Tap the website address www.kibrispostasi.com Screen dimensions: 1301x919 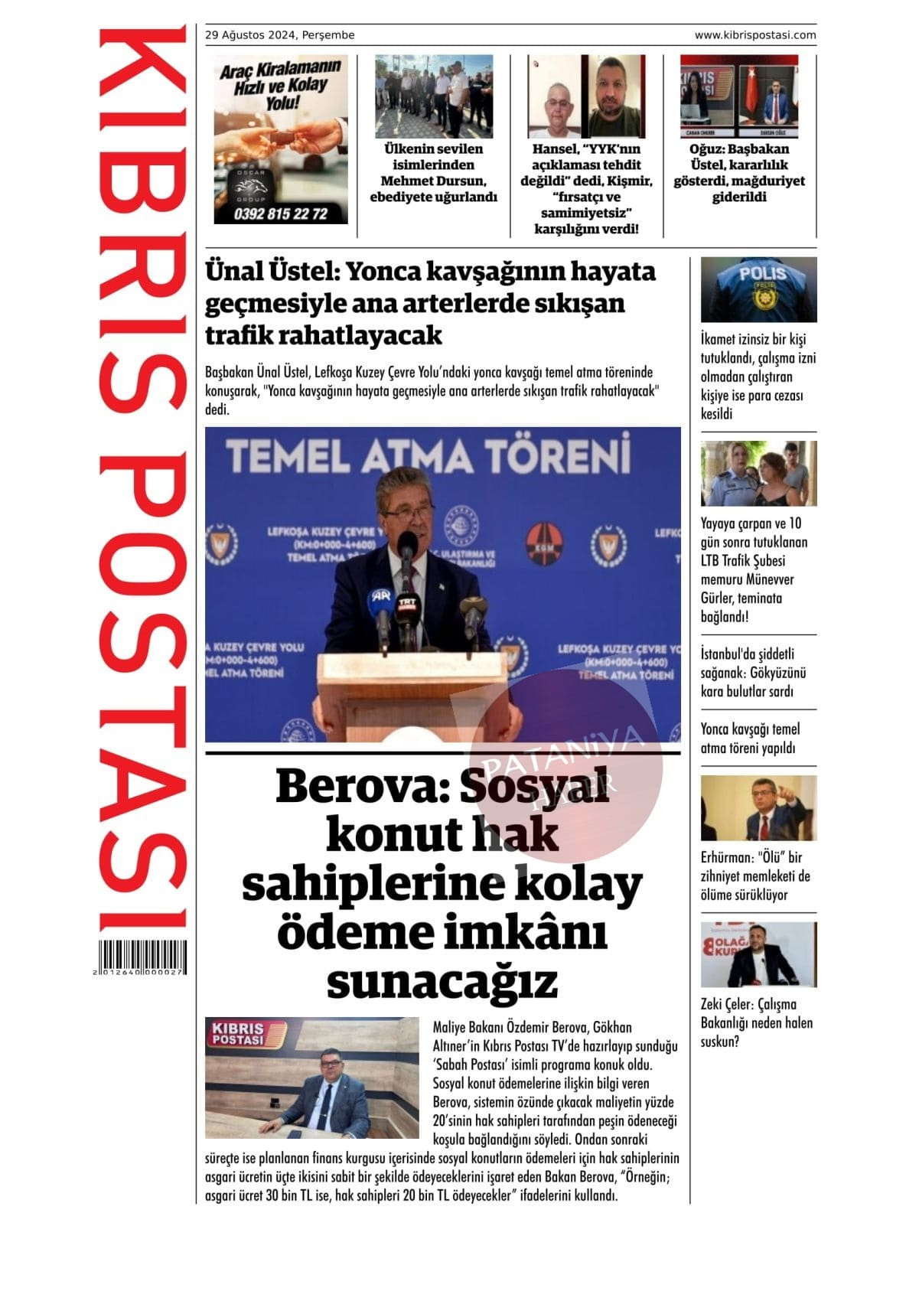tap(754, 35)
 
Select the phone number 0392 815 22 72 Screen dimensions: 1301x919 tap(281, 214)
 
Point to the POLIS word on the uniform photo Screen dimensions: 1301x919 tap(762, 273)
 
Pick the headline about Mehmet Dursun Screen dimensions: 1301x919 tap(434, 173)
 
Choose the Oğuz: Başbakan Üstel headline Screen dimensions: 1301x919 tap(739, 173)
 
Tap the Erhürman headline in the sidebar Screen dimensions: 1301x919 tap(755, 875)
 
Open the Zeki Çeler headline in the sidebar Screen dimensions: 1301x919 tap(756, 1022)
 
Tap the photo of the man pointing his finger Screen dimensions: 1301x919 tap(758, 807)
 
